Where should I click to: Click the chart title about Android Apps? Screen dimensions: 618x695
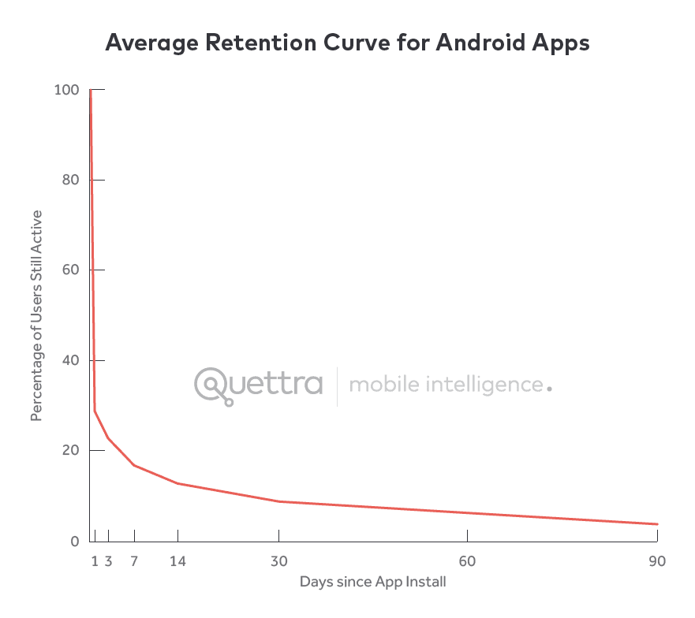pos(347,43)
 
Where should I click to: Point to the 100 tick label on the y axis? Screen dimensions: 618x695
pos(66,90)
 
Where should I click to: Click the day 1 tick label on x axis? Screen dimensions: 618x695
pos(95,561)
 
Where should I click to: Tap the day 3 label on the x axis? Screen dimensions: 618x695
pos(108,561)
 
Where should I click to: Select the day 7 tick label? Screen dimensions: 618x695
pos(134,561)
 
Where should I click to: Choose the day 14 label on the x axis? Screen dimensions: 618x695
pos(177,561)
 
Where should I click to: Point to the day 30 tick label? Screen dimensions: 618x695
pos(278,561)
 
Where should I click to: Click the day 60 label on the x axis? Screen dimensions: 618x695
pos(468,561)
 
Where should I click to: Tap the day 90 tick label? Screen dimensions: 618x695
pos(657,561)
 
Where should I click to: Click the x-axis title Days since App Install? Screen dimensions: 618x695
pos(372,583)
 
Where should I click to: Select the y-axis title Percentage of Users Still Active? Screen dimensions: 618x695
pos(35,315)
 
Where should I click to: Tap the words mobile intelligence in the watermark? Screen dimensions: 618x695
pos(446,385)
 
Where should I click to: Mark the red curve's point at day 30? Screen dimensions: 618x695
pos(278,501)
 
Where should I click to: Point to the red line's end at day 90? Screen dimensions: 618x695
pos(657,524)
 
